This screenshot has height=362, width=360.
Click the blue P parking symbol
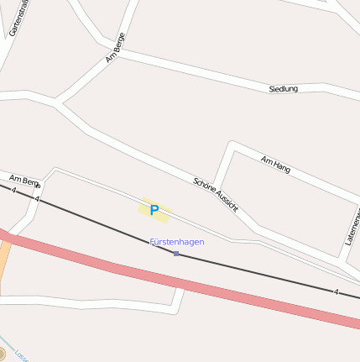[154, 210]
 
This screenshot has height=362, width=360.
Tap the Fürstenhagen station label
[176, 242]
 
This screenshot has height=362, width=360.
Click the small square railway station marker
[176, 253]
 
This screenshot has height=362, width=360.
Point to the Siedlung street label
[283, 88]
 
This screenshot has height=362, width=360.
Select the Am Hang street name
[275, 164]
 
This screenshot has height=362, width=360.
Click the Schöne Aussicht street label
[216, 194]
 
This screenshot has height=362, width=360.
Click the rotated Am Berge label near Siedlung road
[115, 52]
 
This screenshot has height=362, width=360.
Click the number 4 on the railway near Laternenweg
[336, 291]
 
